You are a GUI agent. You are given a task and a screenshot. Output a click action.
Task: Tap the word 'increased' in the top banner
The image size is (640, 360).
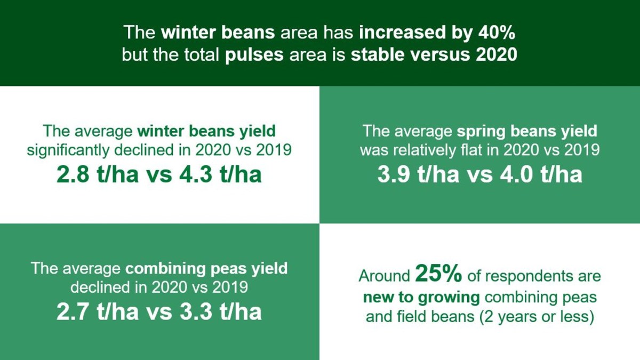(x=402, y=33)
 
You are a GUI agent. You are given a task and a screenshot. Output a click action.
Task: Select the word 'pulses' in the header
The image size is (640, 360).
(x=254, y=55)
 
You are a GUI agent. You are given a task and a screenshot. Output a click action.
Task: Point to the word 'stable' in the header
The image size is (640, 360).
(x=378, y=54)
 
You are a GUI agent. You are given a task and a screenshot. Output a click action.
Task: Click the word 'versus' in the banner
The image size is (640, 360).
(x=441, y=54)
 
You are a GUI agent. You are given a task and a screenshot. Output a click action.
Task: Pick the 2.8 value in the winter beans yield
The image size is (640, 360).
(x=73, y=174)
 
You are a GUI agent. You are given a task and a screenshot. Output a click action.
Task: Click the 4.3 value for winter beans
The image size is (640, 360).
(x=196, y=174)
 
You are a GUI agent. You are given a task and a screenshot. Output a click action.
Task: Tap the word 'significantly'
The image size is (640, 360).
(x=68, y=150)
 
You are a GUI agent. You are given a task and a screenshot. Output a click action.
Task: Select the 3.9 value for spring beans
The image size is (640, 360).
(x=394, y=174)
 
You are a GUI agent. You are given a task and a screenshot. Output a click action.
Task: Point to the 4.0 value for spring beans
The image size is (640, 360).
(x=516, y=174)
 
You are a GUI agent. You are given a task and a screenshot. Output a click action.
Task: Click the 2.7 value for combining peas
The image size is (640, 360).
(x=73, y=311)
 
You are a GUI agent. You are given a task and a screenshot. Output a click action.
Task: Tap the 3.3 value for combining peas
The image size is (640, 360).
(x=196, y=311)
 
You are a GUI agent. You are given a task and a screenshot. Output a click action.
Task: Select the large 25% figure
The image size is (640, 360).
(x=438, y=273)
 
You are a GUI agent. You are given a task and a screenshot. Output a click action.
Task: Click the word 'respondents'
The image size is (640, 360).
(x=529, y=277)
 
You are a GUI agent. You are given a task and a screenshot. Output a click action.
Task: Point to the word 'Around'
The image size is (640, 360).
(x=385, y=276)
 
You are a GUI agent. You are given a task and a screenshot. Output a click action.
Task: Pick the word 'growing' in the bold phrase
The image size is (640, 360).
(x=449, y=298)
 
